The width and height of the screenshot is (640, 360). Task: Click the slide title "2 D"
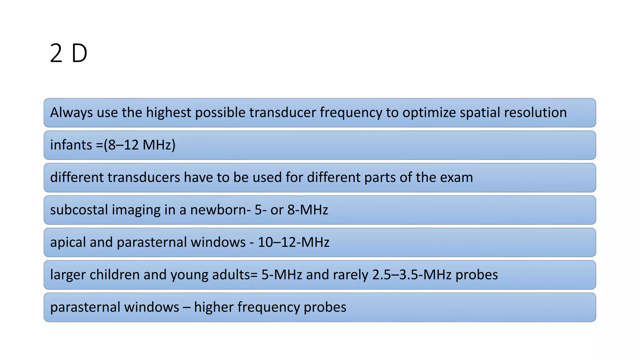68,53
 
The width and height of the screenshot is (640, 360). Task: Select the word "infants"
71,145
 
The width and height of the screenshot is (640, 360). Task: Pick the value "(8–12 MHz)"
140,145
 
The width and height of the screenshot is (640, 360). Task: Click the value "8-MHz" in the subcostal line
307,210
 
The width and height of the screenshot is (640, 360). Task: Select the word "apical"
67,242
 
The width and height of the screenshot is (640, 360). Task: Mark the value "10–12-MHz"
293,242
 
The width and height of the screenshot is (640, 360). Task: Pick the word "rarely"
350,275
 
